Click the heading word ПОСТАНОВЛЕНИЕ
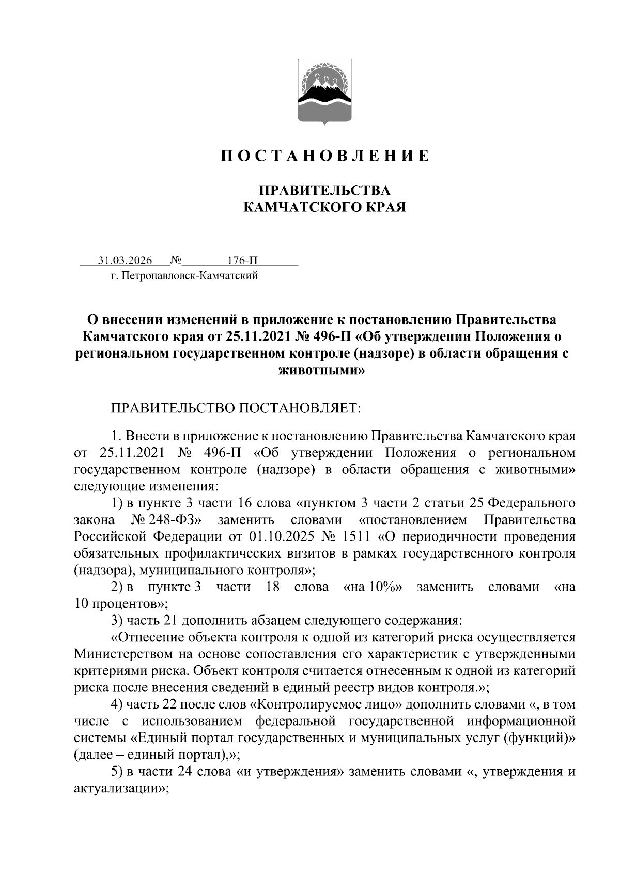tap(325, 156)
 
